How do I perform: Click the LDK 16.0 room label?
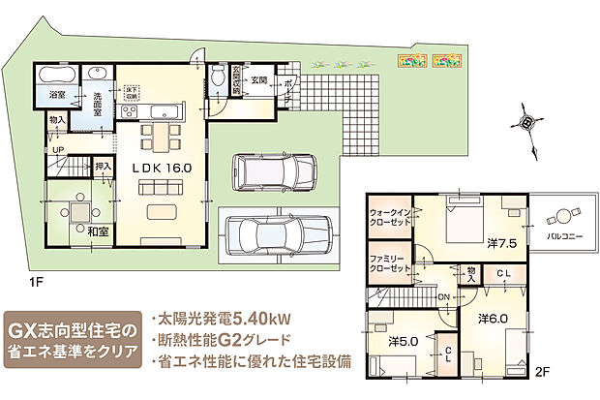point(163,168)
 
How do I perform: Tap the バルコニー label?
point(563,235)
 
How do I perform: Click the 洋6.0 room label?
point(492,318)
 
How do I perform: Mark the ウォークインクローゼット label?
point(392,217)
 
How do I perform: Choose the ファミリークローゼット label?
point(391,264)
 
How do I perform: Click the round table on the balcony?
point(562,216)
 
